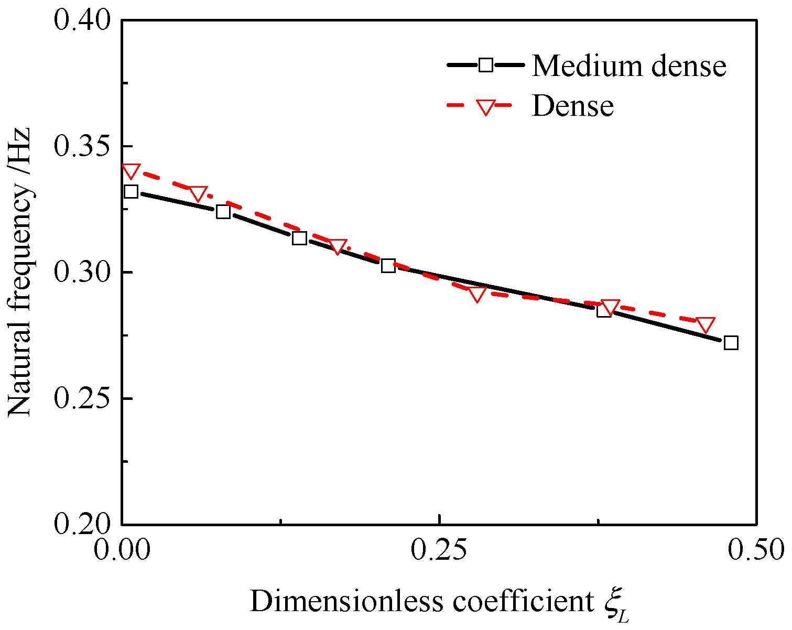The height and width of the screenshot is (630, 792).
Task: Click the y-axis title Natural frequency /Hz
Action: point(21,273)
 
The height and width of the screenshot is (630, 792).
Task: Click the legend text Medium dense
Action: point(629,66)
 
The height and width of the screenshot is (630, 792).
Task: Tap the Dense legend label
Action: point(572,106)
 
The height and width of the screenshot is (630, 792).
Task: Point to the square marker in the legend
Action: point(485,65)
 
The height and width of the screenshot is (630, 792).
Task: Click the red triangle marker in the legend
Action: point(485,107)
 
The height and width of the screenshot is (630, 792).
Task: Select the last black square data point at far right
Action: point(731,343)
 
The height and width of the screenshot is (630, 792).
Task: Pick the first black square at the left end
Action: point(131,192)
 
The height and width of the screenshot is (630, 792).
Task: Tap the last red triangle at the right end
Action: point(706,325)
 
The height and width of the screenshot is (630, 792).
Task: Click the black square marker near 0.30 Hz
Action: point(388,266)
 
